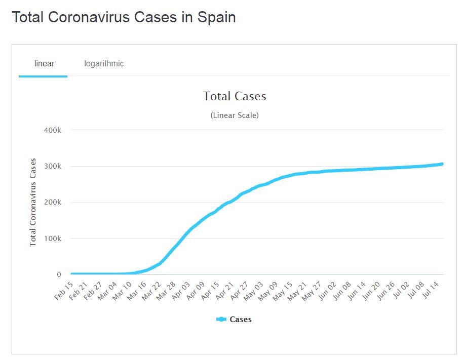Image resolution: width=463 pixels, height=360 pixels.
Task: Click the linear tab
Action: (x=44, y=64)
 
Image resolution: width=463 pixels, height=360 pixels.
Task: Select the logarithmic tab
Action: (x=104, y=64)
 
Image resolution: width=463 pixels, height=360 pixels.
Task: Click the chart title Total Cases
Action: (x=235, y=96)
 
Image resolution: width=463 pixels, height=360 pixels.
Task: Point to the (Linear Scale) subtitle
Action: (x=235, y=115)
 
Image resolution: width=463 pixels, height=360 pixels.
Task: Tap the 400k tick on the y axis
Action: (x=53, y=130)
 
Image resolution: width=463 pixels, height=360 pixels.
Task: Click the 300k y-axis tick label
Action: (x=53, y=167)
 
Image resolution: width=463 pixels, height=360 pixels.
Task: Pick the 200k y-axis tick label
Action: (x=53, y=203)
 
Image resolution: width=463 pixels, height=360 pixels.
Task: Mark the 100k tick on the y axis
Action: (x=53, y=238)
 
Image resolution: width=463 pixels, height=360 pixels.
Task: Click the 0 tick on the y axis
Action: (x=59, y=275)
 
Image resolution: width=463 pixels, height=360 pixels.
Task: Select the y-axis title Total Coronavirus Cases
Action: (x=33, y=203)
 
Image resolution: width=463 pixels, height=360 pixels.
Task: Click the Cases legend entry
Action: (x=234, y=319)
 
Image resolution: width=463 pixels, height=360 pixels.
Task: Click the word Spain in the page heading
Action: (x=216, y=17)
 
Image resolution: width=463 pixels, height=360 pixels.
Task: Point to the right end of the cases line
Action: (x=442, y=164)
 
